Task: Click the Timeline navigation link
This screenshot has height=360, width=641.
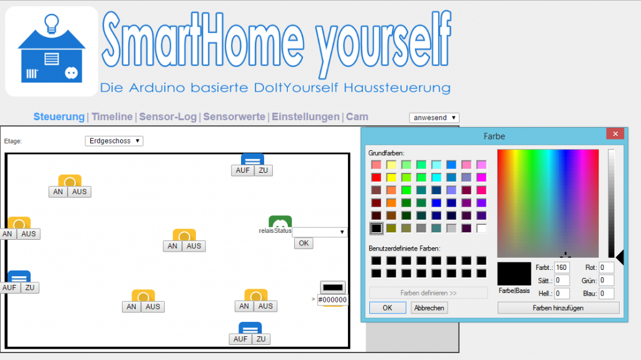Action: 112,116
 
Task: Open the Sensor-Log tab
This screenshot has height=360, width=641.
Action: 168,116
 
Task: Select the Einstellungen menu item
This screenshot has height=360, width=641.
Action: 305,116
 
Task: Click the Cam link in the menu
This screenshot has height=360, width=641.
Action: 357,116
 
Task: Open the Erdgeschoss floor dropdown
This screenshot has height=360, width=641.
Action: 114,141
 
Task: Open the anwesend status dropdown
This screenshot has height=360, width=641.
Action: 434,118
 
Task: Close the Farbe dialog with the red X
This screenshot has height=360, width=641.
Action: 615,134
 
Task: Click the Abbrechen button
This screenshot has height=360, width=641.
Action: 429,307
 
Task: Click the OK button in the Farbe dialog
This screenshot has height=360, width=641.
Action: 387,307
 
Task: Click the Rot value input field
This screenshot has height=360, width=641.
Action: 606,267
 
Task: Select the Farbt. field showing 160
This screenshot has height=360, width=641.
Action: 562,267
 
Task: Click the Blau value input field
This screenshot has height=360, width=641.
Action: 606,293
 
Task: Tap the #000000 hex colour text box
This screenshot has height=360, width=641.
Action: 332,300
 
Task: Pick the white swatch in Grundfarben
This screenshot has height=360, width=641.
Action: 481,229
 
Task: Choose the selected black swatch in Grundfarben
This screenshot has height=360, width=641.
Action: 376,229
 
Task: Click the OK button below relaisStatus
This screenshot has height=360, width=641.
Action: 304,244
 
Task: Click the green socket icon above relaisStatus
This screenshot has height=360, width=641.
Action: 280,222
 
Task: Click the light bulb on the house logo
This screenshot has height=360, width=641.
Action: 51,23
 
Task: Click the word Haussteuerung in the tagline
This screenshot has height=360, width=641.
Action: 397,88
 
